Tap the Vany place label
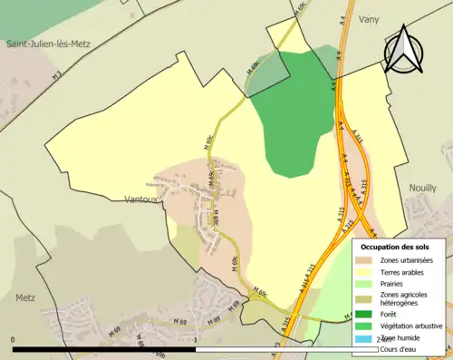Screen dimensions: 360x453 (369, 19)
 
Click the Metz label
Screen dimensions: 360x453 (25, 297)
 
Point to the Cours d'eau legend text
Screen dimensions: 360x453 (401, 349)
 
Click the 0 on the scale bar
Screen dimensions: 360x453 (14, 340)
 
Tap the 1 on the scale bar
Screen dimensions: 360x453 (197, 340)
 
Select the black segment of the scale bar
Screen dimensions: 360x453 (105, 349)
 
